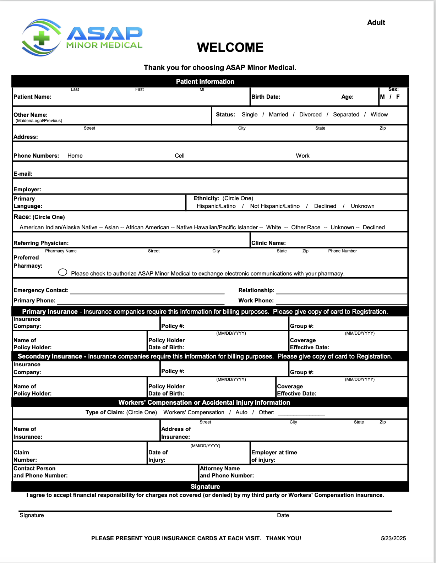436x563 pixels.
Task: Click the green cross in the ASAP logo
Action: pos(41,38)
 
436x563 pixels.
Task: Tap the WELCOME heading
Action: pos(230,48)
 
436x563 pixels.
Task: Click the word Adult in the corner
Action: pos(376,22)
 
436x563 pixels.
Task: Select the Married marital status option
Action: pos(278,115)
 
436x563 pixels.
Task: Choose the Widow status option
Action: pos(379,115)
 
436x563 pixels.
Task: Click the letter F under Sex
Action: pos(398,97)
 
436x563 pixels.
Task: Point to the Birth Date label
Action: pos(266,97)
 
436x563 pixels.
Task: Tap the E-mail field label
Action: pos(23,174)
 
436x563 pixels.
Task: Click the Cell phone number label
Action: pos(180,156)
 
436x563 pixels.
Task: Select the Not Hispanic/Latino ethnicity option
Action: pos(275,206)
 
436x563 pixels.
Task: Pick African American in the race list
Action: pos(147,228)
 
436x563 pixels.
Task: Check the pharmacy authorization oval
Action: pos(63,272)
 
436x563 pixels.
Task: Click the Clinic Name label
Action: pos(268,243)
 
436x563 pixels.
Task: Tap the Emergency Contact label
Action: pos(41,290)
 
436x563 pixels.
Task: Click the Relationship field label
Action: pos(256,290)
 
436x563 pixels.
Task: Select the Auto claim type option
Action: pos(241,412)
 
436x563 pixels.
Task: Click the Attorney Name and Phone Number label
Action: pos(227,472)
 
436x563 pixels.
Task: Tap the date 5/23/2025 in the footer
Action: pos(393,539)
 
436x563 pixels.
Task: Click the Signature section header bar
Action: pos(205,487)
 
